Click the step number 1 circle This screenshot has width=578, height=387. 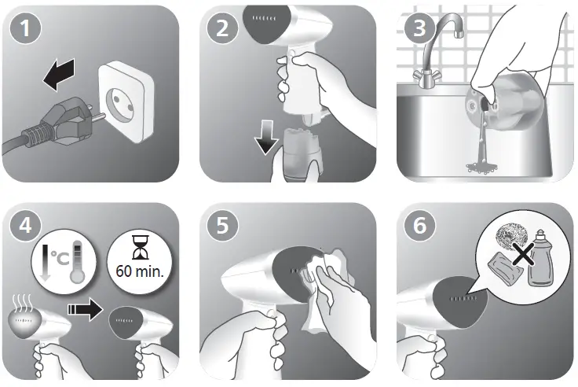(x=25, y=28)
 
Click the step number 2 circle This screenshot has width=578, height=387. (x=222, y=28)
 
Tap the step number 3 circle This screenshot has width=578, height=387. (x=420, y=28)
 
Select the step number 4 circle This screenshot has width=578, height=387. (x=25, y=225)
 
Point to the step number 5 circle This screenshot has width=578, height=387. (x=222, y=225)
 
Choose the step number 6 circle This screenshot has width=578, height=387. (x=420, y=225)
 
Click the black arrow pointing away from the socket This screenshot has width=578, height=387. (x=59, y=75)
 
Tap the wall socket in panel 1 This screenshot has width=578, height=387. (x=125, y=101)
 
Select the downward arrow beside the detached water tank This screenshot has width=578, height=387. (x=266, y=137)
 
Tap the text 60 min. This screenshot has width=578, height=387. (x=140, y=271)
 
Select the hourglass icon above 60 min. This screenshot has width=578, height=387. (x=141, y=248)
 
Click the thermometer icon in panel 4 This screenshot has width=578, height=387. (x=79, y=262)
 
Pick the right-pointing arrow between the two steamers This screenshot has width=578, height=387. (x=85, y=309)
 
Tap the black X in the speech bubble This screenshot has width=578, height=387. (x=524, y=254)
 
